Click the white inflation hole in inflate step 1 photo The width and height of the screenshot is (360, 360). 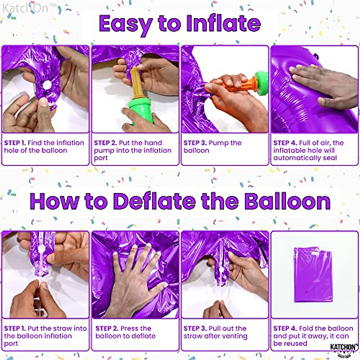[47, 85]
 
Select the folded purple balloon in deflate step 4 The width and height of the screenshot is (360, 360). [313, 274]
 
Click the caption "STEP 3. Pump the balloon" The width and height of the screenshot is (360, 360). [212, 146]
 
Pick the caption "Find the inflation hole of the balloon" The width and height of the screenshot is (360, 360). [44, 146]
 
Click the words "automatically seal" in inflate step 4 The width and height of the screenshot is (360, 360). [305, 158]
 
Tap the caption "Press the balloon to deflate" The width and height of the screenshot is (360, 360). [125, 332]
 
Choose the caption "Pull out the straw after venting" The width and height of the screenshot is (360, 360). [215, 332]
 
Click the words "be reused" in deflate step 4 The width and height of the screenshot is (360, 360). [290, 343]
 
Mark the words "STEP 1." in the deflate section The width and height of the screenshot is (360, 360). [15, 328]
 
